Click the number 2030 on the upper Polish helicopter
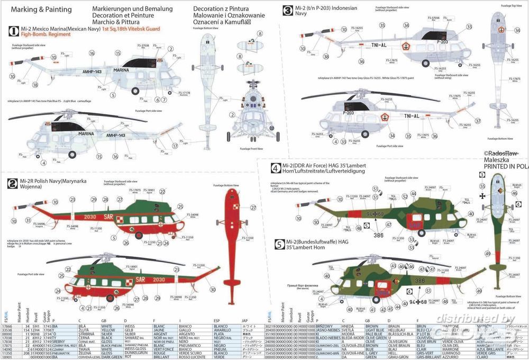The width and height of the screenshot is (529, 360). pyautogui.click(x=90, y=215)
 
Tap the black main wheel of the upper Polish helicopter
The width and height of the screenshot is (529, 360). pyautogui.click(x=139, y=235)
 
